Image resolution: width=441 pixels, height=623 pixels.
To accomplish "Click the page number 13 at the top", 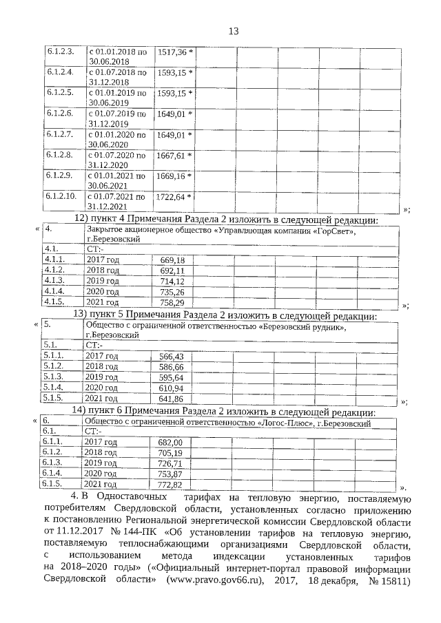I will (x=233, y=31).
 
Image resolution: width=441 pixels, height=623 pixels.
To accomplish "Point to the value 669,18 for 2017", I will (x=172, y=260).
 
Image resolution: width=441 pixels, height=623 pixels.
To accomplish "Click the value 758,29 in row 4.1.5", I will (x=172, y=302).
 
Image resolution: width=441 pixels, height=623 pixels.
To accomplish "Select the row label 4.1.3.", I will (x=54, y=281).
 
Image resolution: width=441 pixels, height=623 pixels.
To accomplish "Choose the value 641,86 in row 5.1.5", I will (x=172, y=399).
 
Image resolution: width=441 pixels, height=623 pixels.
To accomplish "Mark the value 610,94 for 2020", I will (x=172, y=388).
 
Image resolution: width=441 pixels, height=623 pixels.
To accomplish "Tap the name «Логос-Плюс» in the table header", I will (x=285, y=423).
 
